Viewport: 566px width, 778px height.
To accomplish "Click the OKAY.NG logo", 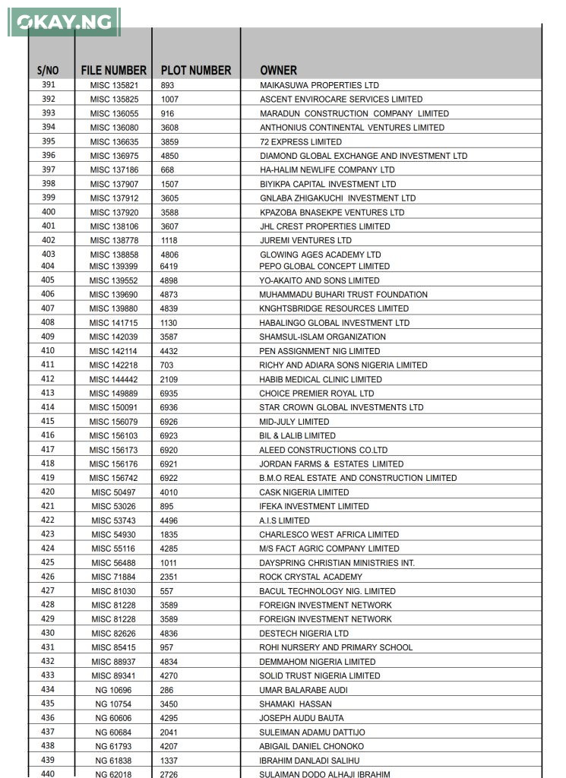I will [64, 22].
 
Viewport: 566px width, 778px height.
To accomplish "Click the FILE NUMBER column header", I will [113, 71].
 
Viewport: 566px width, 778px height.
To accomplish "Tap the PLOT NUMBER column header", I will [196, 71].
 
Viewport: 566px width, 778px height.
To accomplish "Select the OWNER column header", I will [278, 71].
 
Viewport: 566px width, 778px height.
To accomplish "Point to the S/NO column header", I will [48, 71].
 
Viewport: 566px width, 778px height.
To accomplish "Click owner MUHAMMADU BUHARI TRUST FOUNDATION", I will [343, 295].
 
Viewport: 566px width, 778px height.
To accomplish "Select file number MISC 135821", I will [114, 85].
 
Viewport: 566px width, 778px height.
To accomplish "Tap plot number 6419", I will [169, 267].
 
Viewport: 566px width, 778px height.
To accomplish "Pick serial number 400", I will [49, 212].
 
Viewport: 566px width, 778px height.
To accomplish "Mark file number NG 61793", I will [113, 747].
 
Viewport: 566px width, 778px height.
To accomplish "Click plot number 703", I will [166, 365].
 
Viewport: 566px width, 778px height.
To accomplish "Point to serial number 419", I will [48, 478].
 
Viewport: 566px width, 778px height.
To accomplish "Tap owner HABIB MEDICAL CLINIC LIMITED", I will [321, 380].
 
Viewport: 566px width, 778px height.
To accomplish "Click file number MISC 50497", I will [113, 492].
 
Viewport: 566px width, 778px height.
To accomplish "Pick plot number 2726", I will [168, 774].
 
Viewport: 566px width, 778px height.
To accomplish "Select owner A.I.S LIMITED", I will [284, 521].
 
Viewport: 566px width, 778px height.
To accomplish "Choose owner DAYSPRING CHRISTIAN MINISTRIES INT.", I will [337, 563].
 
